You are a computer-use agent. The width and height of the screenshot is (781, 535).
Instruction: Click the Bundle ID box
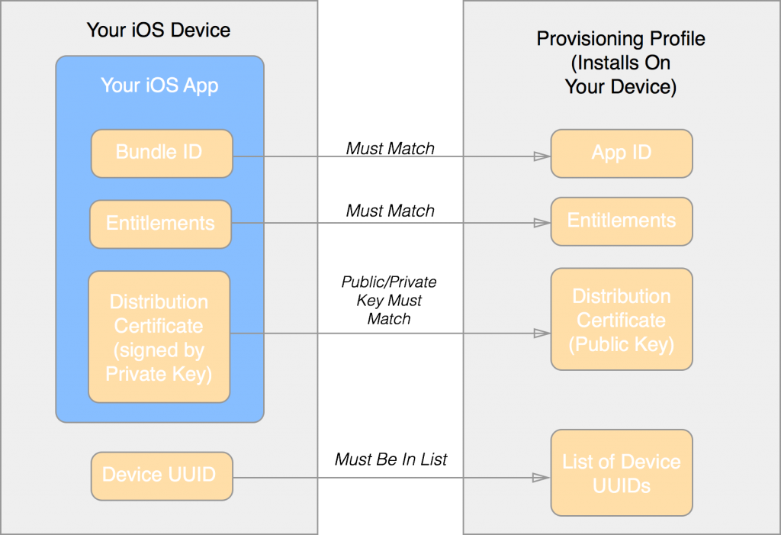click(x=162, y=153)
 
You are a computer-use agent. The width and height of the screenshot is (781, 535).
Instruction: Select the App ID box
click(x=622, y=153)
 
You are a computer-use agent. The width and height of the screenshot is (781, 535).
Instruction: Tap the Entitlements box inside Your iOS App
click(x=160, y=224)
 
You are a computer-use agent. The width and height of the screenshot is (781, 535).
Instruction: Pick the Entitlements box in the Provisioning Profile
click(x=622, y=221)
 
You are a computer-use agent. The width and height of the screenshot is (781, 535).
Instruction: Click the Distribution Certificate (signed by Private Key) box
click(x=159, y=337)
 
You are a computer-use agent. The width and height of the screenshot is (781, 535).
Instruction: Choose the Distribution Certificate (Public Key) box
click(x=622, y=319)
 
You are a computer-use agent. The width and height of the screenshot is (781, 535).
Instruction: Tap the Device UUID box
click(x=162, y=476)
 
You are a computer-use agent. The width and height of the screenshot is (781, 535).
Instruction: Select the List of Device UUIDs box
click(x=622, y=472)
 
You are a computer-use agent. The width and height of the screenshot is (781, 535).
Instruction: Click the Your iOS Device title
click(x=159, y=30)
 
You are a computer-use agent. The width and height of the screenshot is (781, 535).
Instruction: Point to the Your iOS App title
click(x=159, y=85)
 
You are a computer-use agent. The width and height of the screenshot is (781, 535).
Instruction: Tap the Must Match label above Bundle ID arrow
click(x=390, y=148)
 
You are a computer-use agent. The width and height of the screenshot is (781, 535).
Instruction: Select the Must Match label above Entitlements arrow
click(x=390, y=211)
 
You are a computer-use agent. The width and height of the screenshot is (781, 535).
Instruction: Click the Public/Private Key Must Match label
click(x=389, y=300)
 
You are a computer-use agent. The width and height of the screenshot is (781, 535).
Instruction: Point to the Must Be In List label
click(x=391, y=459)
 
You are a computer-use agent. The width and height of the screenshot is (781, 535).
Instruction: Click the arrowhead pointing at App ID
click(x=542, y=156)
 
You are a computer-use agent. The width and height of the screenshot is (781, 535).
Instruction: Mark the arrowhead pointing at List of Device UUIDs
click(x=542, y=478)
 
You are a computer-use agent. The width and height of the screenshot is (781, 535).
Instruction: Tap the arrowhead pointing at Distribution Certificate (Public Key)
click(x=542, y=333)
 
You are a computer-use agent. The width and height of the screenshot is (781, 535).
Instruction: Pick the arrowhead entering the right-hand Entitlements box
click(x=542, y=223)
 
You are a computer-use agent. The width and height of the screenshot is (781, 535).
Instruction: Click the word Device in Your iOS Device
click(x=201, y=30)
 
